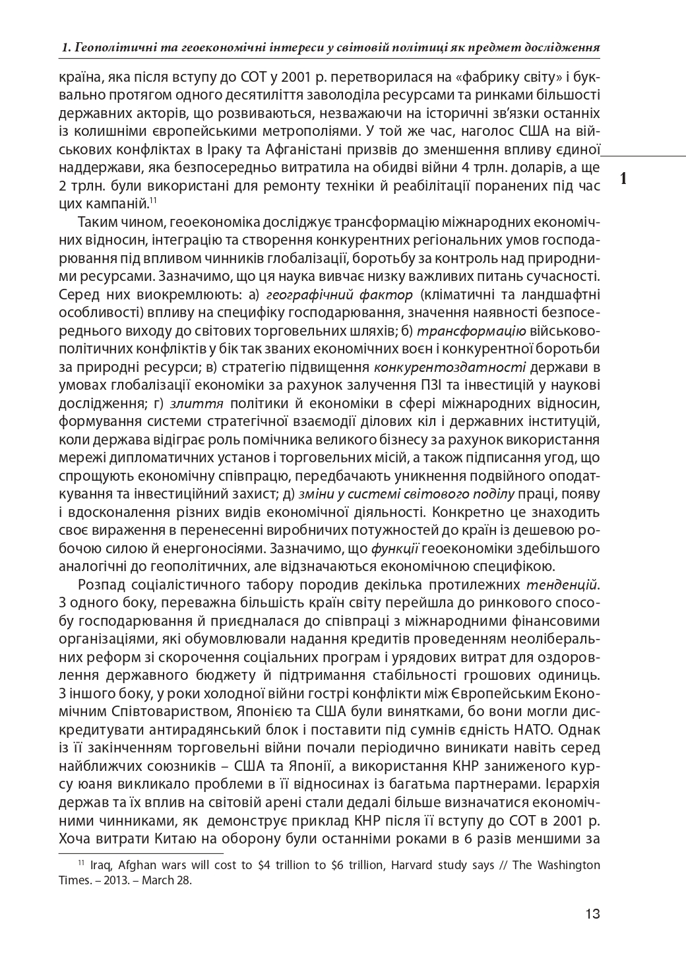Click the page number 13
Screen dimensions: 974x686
pos(592,914)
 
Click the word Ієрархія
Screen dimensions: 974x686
pos(573,785)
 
